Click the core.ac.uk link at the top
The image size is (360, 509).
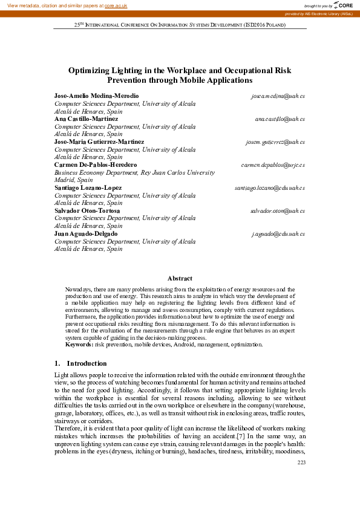[116, 5]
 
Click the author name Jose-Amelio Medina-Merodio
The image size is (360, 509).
[96, 96]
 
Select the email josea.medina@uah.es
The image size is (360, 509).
[278, 96]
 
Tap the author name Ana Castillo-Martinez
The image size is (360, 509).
[86, 119]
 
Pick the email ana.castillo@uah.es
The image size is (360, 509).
[280, 119]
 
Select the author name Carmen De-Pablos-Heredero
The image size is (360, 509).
[96, 164]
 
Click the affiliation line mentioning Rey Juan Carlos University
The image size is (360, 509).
[134, 172]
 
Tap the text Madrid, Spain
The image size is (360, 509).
[74, 180]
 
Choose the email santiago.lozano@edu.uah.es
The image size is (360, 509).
[270, 188]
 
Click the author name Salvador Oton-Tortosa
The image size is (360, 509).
[87, 210]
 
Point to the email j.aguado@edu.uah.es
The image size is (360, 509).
[278, 233]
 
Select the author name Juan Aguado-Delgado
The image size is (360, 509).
[86, 233]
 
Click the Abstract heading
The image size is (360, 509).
[180, 278]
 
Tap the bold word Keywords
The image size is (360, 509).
[79, 345]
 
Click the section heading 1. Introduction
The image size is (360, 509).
[80, 363]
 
